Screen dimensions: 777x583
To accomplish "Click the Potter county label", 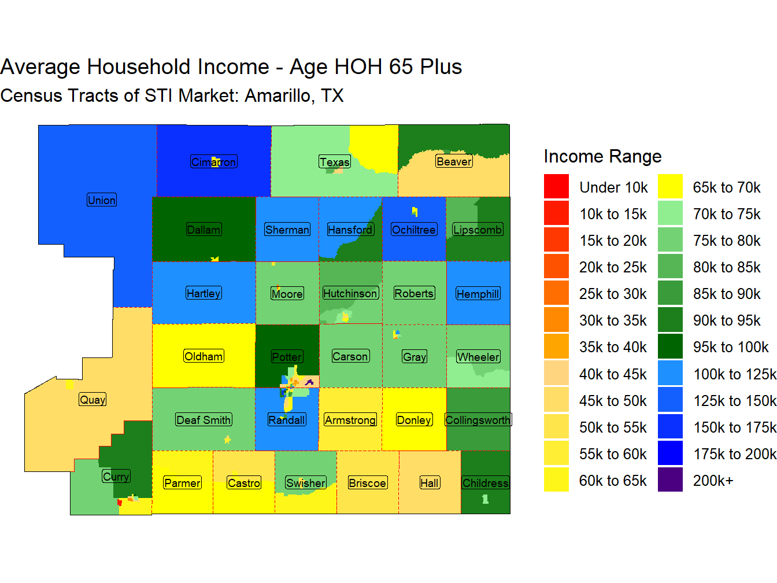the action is click(286, 356).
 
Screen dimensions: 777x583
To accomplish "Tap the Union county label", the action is click(102, 200).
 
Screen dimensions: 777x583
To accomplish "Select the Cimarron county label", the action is click(213, 162).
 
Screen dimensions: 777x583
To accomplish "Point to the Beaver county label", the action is click(454, 161).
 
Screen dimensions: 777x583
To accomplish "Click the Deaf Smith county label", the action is click(203, 420).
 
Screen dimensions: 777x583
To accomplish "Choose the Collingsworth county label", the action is click(478, 420).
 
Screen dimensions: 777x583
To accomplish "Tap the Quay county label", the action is click(92, 400).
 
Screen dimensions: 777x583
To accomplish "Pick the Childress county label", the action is click(485, 483).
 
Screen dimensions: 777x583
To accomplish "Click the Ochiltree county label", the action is click(414, 230).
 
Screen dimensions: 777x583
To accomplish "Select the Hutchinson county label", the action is click(350, 293).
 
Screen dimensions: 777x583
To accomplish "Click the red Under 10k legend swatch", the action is click(556, 186).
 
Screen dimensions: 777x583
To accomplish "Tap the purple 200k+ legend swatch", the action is click(669, 479).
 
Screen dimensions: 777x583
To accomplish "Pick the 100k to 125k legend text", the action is click(735, 374).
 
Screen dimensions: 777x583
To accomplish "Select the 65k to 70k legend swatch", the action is click(669, 186).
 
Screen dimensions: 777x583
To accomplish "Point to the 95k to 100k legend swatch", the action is click(669, 346).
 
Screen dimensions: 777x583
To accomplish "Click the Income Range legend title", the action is click(602, 156).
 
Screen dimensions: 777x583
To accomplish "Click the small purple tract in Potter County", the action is click(309, 382).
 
